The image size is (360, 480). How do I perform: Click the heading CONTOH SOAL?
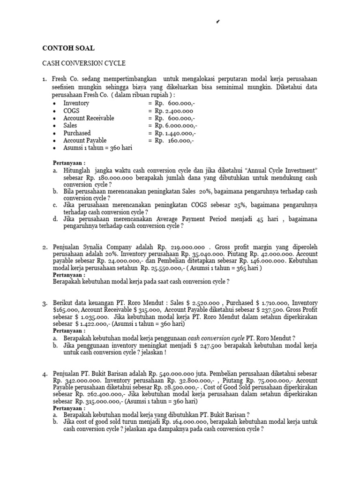[x=68, y=48]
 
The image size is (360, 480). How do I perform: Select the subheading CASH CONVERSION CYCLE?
[x=84, y=63]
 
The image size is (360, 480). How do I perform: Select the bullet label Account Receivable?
[x=89, y=118]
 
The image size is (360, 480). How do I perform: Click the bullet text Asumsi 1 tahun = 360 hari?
[x=97, y=148]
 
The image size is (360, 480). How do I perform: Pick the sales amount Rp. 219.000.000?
[x=179, y=247]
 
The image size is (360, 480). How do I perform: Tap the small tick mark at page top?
[x=218, y=22]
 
